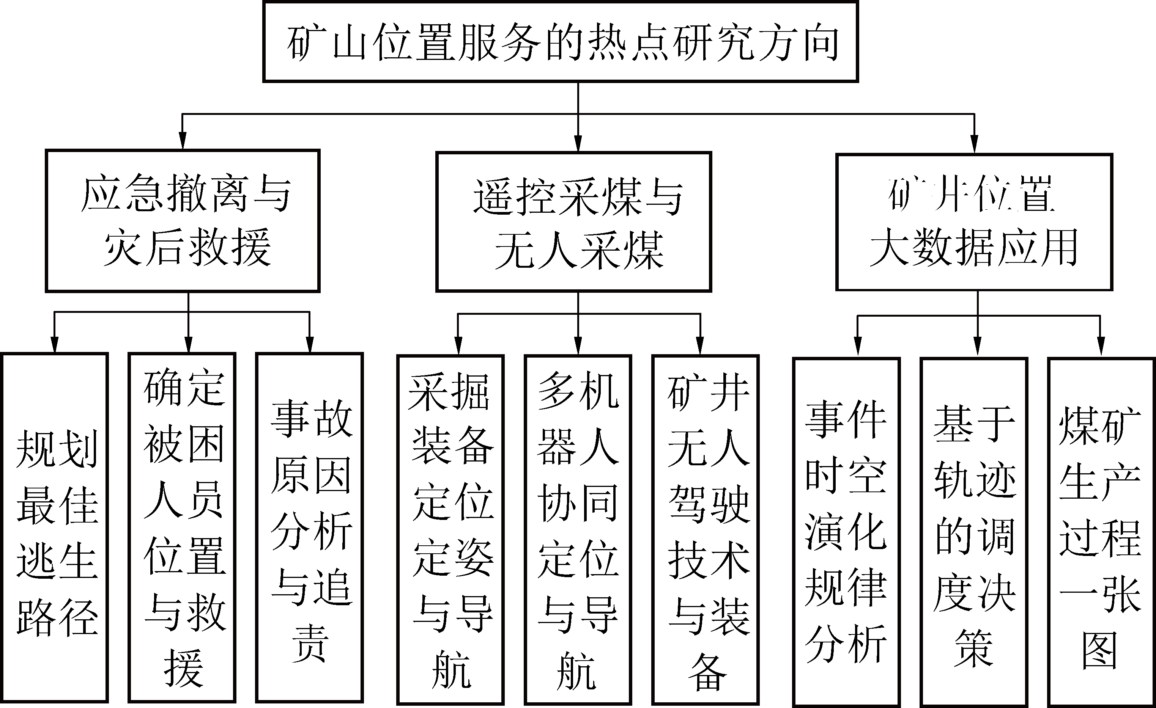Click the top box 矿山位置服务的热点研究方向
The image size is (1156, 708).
point(561,42)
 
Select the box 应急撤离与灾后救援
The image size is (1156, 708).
point(183,220)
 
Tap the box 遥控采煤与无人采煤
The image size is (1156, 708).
point(573,221)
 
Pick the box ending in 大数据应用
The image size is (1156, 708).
point(974,222)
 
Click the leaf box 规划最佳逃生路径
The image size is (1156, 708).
point(55,527)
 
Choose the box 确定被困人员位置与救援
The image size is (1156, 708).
point(182,527)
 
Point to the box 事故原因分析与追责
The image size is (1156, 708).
point(310,527)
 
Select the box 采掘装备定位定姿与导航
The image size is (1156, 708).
point(450,530)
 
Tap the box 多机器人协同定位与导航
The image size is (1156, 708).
point(578,530)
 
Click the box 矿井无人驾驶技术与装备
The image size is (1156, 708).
point(706,530)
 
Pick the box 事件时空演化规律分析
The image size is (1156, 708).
point(846,532)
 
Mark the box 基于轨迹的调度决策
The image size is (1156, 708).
point(974,532)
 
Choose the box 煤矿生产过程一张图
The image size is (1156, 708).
point(1101,532)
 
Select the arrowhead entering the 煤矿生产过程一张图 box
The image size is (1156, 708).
point(1100,349)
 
